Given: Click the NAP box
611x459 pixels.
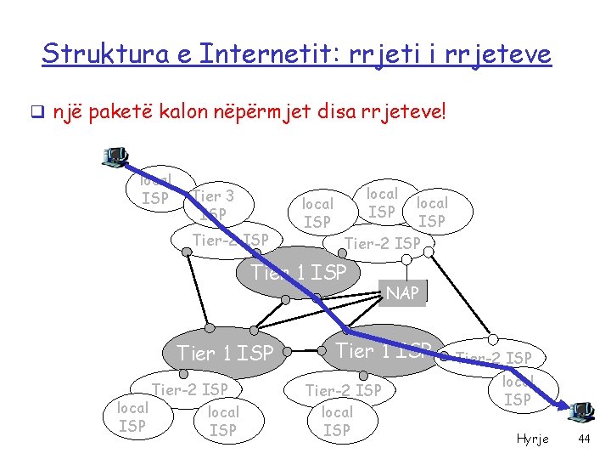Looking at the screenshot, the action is tap(402, 293).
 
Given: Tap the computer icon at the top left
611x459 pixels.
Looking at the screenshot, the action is tap(115, 156).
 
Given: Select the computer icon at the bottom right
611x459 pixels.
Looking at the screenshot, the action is tap(581, 411).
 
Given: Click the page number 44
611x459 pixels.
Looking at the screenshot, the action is tap(583, 439).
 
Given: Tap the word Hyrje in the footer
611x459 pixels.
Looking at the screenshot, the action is tap(533, 439).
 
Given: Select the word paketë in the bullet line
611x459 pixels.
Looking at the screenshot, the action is tap(132, 111).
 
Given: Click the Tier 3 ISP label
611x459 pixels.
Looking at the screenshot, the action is tap(213, 205).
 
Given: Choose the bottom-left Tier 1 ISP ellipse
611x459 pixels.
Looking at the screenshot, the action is tap(225, 352).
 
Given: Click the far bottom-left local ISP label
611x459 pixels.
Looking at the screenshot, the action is tap(132, 417).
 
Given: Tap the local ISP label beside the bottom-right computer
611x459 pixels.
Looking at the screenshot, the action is tap(517, 391).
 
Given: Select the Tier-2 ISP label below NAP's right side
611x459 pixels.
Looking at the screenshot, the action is tap(494, 358).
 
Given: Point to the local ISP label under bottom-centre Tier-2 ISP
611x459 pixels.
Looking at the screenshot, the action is tap(337, 422).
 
